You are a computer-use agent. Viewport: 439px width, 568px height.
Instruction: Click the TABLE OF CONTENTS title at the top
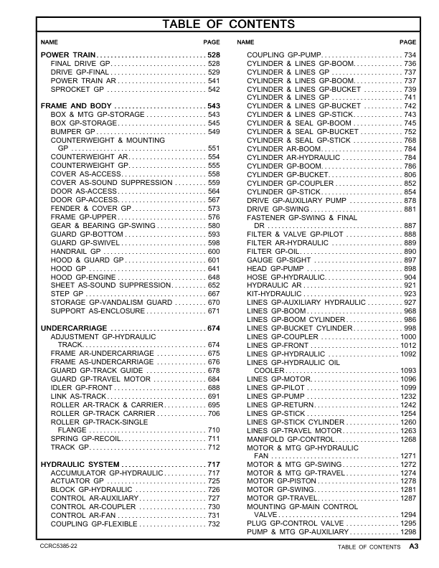click(219, 24)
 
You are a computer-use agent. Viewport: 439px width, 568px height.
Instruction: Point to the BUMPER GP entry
click(72, 132)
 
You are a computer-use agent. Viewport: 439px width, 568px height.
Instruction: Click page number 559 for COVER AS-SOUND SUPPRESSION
click(213, 183)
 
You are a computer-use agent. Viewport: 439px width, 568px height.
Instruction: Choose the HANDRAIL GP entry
click(76, 252)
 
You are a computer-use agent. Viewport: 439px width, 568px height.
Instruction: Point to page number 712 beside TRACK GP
click(213, 447)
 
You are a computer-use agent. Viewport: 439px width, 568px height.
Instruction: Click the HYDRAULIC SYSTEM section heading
click(80, 465)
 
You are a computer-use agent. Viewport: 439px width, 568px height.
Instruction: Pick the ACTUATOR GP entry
click(76, 482)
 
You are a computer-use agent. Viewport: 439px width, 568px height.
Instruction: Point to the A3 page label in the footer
click(414, 546)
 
